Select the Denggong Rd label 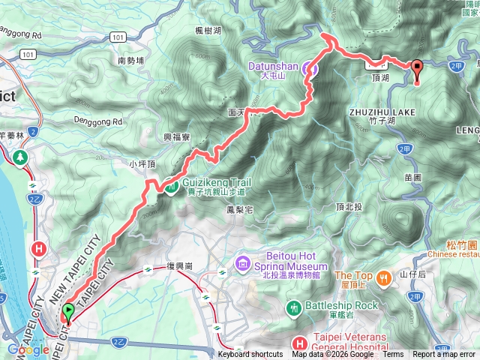coord(97,121)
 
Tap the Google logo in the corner coord(28,350)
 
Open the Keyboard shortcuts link coord(250,355)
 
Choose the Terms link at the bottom coord(392,355)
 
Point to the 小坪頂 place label coord(141,163)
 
